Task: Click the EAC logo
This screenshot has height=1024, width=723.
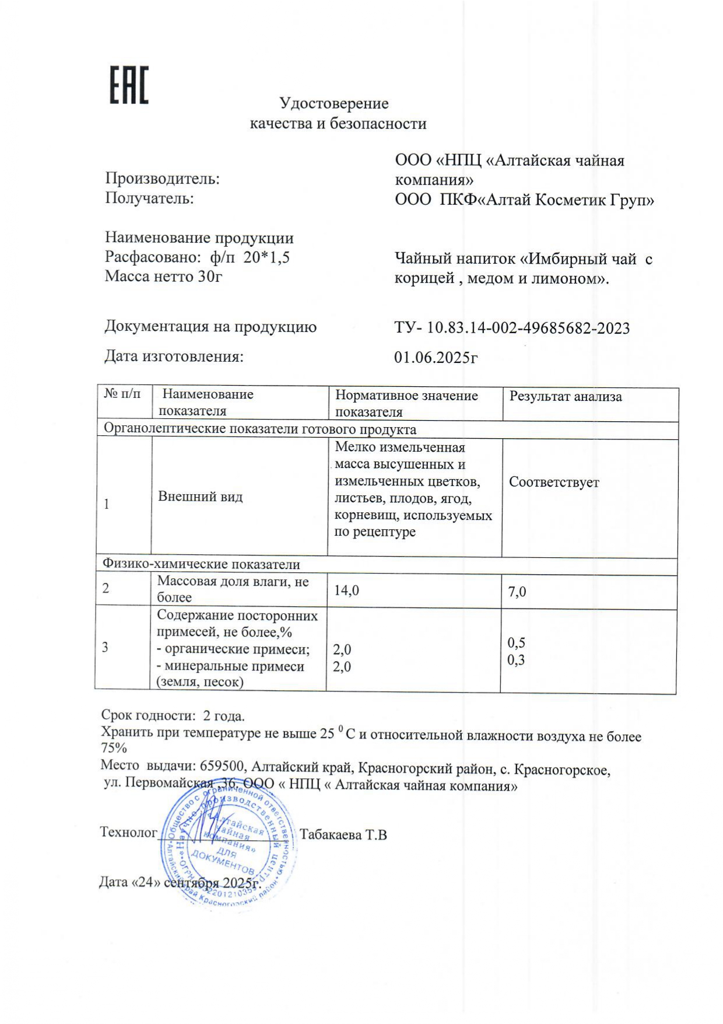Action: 129,85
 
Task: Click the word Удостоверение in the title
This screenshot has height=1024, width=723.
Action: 334,104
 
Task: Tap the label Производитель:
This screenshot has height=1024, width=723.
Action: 162,179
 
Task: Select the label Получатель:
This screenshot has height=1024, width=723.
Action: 149,198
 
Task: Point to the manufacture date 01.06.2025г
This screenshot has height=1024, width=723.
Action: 436,357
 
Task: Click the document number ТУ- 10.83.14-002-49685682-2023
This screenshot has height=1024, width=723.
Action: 511,328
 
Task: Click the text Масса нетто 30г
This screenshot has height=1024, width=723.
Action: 163,276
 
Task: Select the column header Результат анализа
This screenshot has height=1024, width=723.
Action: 565,397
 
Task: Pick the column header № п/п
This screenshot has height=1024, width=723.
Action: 122,394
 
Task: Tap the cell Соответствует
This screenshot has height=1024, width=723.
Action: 553,483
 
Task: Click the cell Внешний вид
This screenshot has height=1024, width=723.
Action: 200,497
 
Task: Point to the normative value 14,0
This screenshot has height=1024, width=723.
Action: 346,591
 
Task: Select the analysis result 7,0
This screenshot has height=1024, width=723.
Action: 517,592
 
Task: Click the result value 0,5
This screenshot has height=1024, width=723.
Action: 516,643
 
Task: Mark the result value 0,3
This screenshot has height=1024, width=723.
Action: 516,660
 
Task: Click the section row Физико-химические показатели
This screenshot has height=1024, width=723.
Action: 201,564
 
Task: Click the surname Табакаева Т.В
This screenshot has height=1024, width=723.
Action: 343,835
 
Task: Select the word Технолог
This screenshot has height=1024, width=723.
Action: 128,832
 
